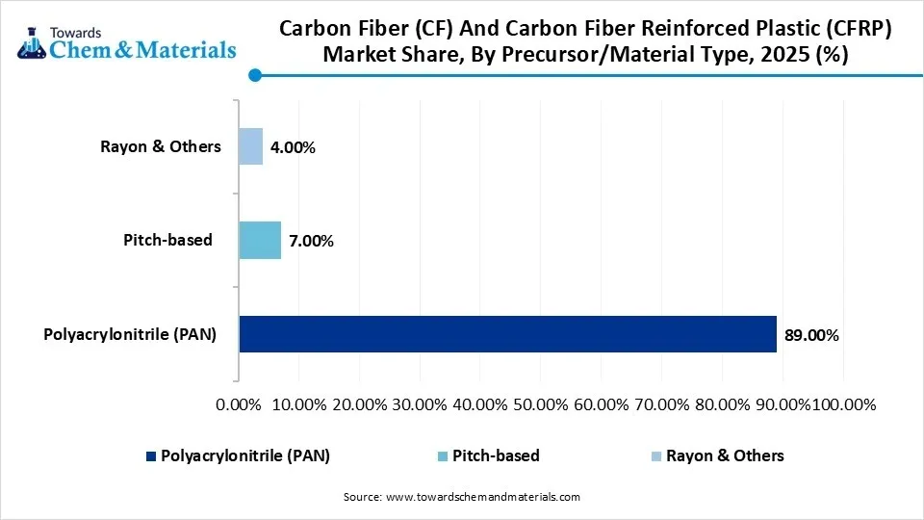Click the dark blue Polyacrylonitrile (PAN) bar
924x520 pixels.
[507, 334]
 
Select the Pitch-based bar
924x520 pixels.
[260, 240]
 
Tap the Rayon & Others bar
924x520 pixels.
[250, 146]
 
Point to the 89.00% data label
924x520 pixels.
[811, 336]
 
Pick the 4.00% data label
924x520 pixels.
[293, 148]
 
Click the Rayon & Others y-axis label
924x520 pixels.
[161, 146]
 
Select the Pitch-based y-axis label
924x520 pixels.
[167, 240]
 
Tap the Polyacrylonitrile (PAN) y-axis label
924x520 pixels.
[130, 334]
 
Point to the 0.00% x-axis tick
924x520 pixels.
[240, 404]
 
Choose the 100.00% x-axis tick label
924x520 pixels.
[844, 404]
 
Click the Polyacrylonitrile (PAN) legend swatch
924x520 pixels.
[150, 456]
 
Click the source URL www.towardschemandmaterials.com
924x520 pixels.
[482, 497]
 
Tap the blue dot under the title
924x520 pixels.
[255, 75]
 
